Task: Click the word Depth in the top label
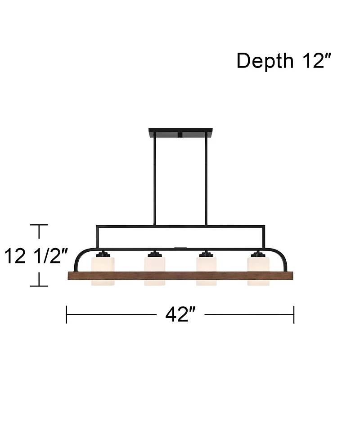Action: (x=265, y=61)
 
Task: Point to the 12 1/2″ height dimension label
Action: (x=36, y=256)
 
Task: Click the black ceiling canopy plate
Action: (x=180, y=133)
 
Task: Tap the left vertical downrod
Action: (x=154, y=180)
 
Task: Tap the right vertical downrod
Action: (x=206, y=180)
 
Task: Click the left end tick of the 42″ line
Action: (x=67, y=314)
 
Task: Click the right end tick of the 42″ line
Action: (x=294, y=314)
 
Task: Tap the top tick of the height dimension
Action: (x=40, y=225)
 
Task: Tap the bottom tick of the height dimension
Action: (x=40, y=286)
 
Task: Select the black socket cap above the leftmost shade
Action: (x=103, y=255)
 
